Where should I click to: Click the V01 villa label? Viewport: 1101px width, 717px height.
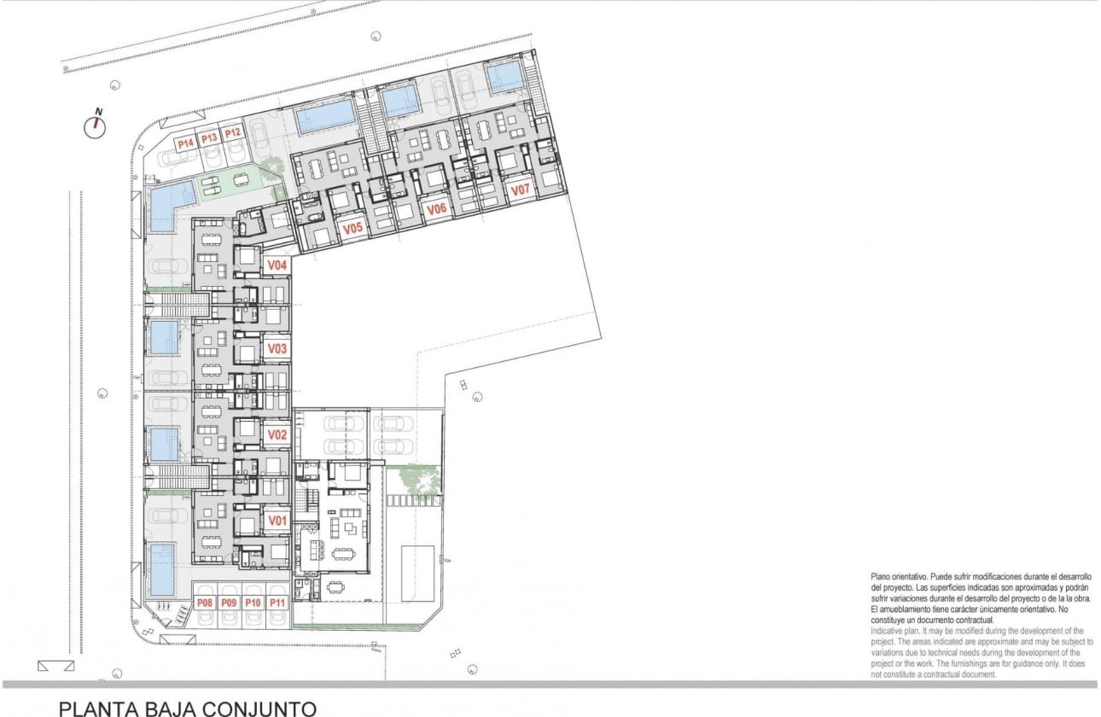(276, 520)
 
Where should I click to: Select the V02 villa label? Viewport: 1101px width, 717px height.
(276, 434)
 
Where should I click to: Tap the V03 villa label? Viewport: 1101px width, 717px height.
(276, 348)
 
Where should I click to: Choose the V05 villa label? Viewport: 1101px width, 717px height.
(352, 229)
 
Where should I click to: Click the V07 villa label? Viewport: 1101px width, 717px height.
(520, 189)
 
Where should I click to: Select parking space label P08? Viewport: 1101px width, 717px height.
(205, 603)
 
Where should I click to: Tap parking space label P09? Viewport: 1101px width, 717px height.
(229, 603)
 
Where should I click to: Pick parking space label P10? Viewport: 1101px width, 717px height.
(253, 603)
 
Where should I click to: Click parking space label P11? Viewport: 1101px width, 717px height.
(277, 603)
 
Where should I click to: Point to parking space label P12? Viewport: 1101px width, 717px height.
(232, 132)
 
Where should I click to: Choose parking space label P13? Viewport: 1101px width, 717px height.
(209, 138)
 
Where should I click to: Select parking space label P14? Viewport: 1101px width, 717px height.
(185, 144)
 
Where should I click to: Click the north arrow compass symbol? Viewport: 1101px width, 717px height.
(96, 125)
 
